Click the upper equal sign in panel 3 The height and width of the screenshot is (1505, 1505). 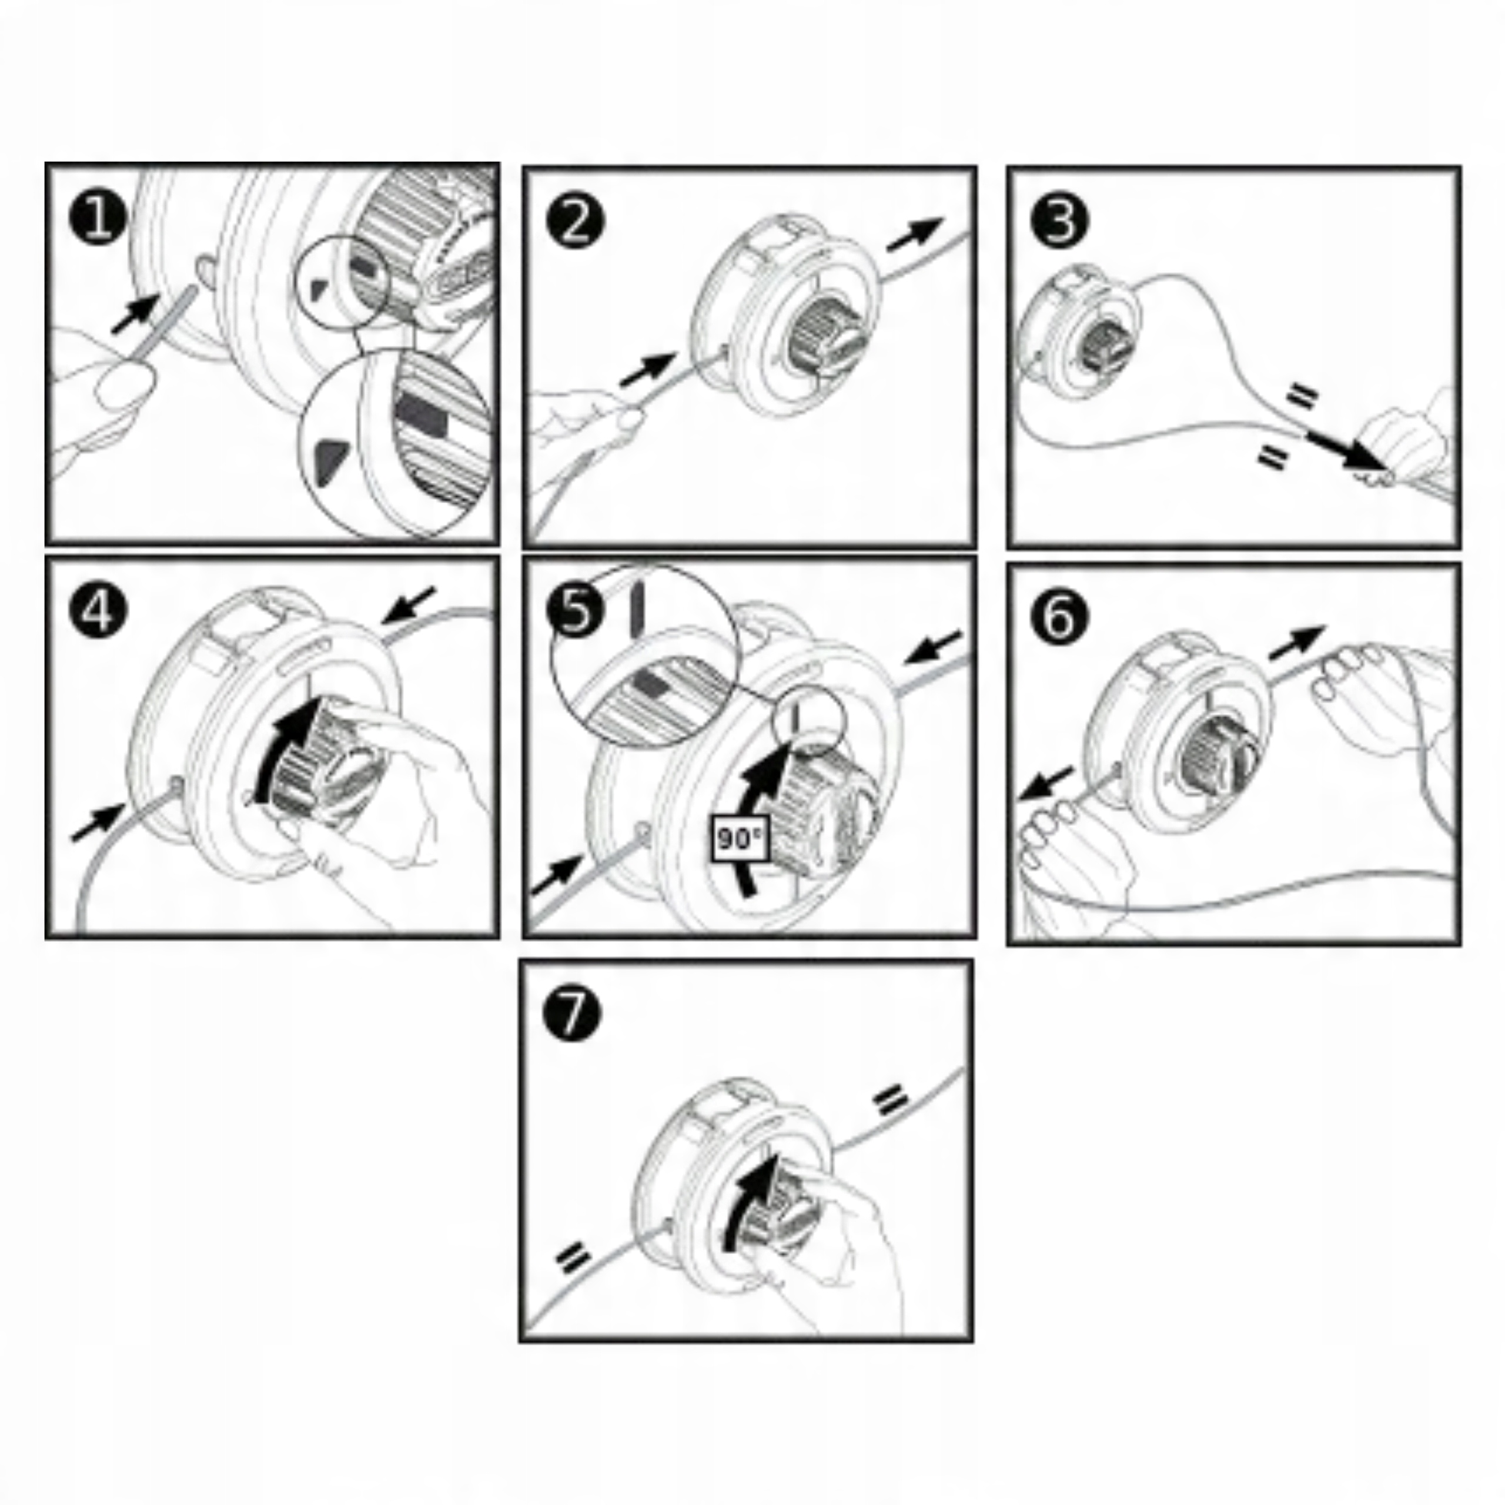tap(1302, 396)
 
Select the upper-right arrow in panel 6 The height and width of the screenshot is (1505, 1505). tap(1297, 642)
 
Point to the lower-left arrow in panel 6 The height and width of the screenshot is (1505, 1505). tap(1046, 784)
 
